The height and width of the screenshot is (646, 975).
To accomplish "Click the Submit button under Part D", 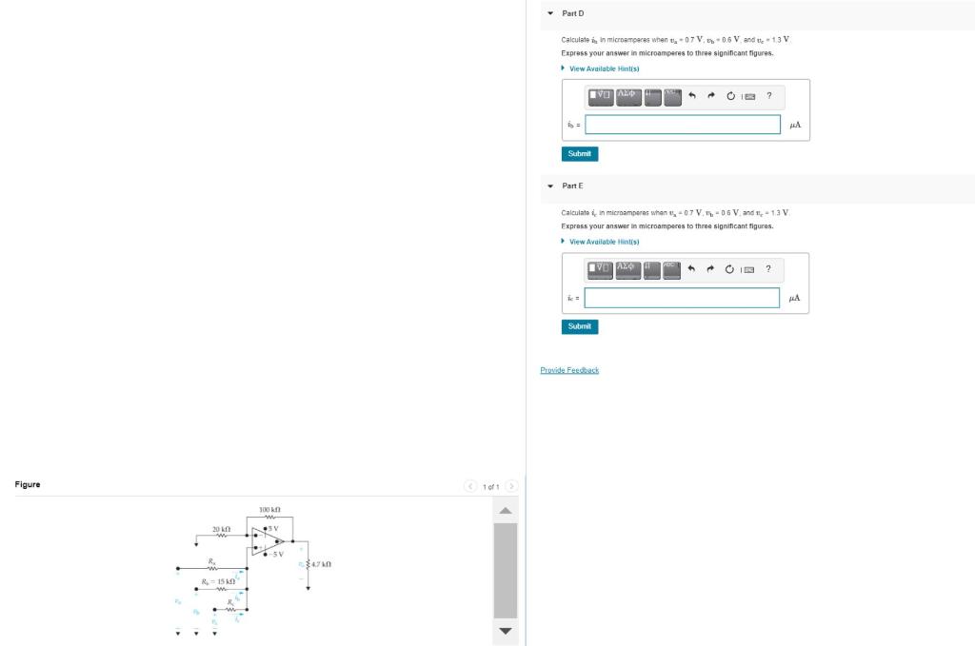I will (x=579, y=153).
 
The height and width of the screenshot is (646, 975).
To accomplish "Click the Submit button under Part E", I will (x=579, y=326).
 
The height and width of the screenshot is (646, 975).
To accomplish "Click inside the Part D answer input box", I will (x=682, y=125).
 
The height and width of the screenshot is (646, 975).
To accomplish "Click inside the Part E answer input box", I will (x=682, y=298).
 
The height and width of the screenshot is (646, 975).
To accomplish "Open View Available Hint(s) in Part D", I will (x=604, y=69).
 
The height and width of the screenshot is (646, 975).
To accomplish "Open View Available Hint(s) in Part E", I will (x=604, y=242).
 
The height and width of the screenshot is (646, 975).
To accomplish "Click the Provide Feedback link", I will (x=569, y=370).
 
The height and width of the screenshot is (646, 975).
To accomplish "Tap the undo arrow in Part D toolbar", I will (x=692, y=96).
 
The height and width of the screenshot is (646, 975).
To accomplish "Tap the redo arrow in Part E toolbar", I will (x=710, y=269).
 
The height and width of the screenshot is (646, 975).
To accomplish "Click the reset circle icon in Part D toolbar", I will (x=730, y=96).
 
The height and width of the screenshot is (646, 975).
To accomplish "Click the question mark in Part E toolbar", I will (x=768, y=268).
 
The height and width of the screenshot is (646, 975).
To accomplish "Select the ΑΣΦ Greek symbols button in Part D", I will (x=628, y=96).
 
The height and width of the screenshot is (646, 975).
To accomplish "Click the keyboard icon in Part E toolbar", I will (x=749, y=269).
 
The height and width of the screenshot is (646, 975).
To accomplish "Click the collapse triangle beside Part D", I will (x=550, y=13).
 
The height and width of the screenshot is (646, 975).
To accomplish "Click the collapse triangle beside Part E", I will (x=550, y=186).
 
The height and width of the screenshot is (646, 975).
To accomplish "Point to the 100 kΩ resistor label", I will (x=269, y=511).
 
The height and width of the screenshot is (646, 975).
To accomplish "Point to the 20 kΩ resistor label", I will (x=221, y=527).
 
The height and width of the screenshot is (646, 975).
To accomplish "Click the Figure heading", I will (x=28, y=484).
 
